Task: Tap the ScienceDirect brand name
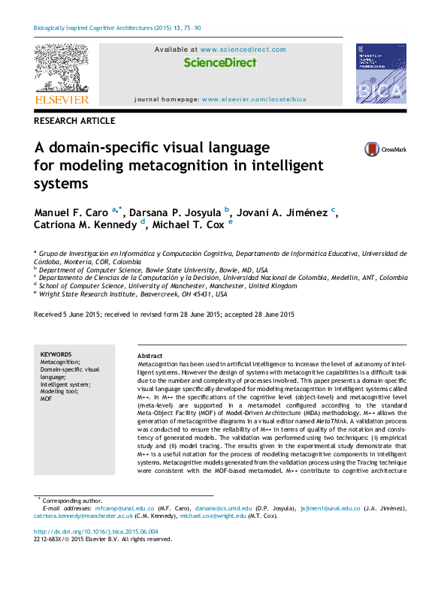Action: pos(219,63)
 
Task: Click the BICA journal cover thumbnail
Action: pos(380,74)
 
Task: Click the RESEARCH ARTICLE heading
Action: pos(75,121)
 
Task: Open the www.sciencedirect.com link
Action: pos(243,50)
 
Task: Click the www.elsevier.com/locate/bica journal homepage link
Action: pos(254,99)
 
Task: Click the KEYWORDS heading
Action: pos(56,354)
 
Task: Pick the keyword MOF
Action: pos(46,399)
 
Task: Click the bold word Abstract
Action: pos(150,356)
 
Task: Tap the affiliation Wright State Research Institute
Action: pos(89,294)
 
